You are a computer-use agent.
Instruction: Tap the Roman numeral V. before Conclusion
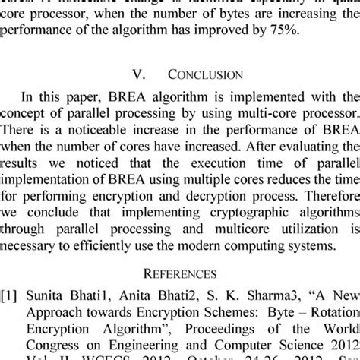pyautogui.click(x=140, y=76)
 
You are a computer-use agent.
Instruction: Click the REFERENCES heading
pyautogui.click(x=180, y=273)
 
